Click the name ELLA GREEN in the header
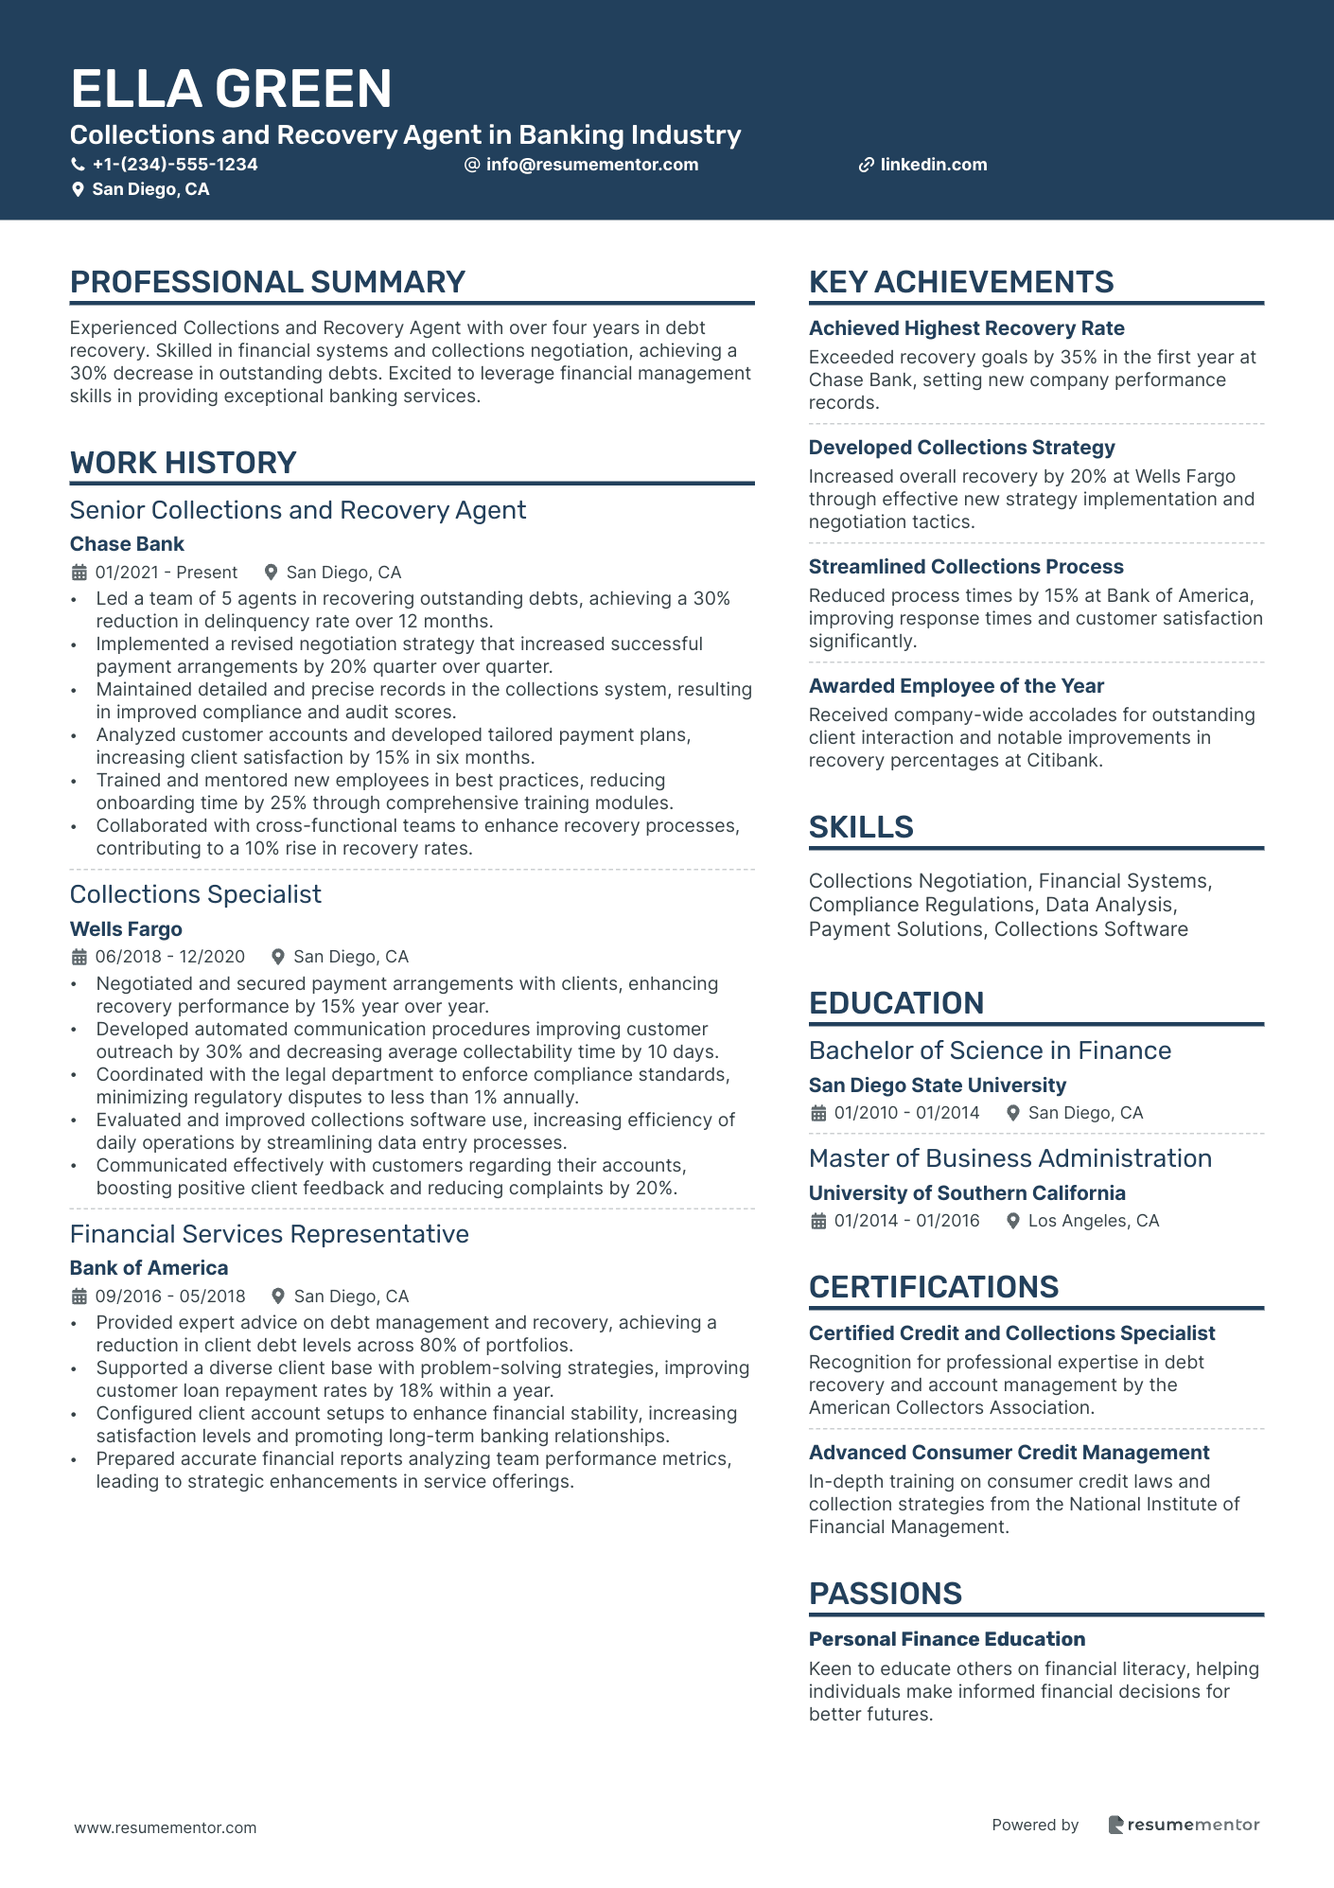(x=231, y=89)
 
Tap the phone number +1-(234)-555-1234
(x=174, y=165)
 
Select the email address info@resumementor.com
(x=591, y=165)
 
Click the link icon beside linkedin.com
(x=866, y=166)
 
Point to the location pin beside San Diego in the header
(x=78, y=190)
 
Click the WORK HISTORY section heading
(x=184, y=463)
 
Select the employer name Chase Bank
(x=127, y=544)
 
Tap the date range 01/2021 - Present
(x=167, y=573)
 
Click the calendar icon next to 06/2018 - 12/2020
(x=79, y=958)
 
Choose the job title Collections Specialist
(x=196, y=894)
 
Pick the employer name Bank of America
(x=149, y=1268)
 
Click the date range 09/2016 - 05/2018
(x=170, y=1297)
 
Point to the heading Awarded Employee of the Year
(x=956, y=686)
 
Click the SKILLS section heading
(x=861, y=827)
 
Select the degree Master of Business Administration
(x=1009, y=1158)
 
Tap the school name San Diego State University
(x=937, y=1085)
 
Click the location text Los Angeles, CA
(x=1093, y=1221)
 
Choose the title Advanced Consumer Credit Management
(x=1009, y=1453)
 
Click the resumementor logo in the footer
(x=1184, y=1825)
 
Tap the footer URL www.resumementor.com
(x=166, y=1827)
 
